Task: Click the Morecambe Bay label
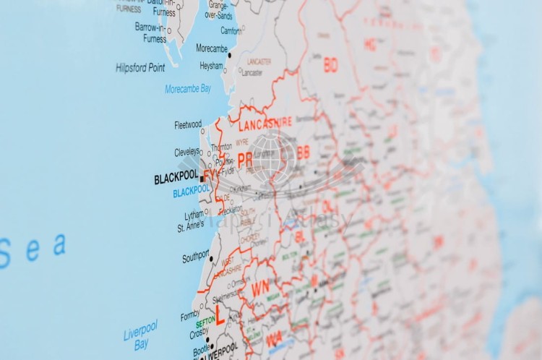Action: point(188,89)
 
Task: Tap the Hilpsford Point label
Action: point(140,67)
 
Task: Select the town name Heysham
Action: point(212,65)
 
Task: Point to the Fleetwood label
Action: point(188,125)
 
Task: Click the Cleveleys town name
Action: point(187,153)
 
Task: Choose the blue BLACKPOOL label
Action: point(191,192)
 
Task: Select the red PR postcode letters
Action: point(245,160)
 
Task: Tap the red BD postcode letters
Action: point(330,66)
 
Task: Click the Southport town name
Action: point(195,257)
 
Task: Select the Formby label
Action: point(190,315)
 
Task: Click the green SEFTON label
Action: point(205,321)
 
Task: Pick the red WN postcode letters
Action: point(260,289)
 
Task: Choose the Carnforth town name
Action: point(231,30)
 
